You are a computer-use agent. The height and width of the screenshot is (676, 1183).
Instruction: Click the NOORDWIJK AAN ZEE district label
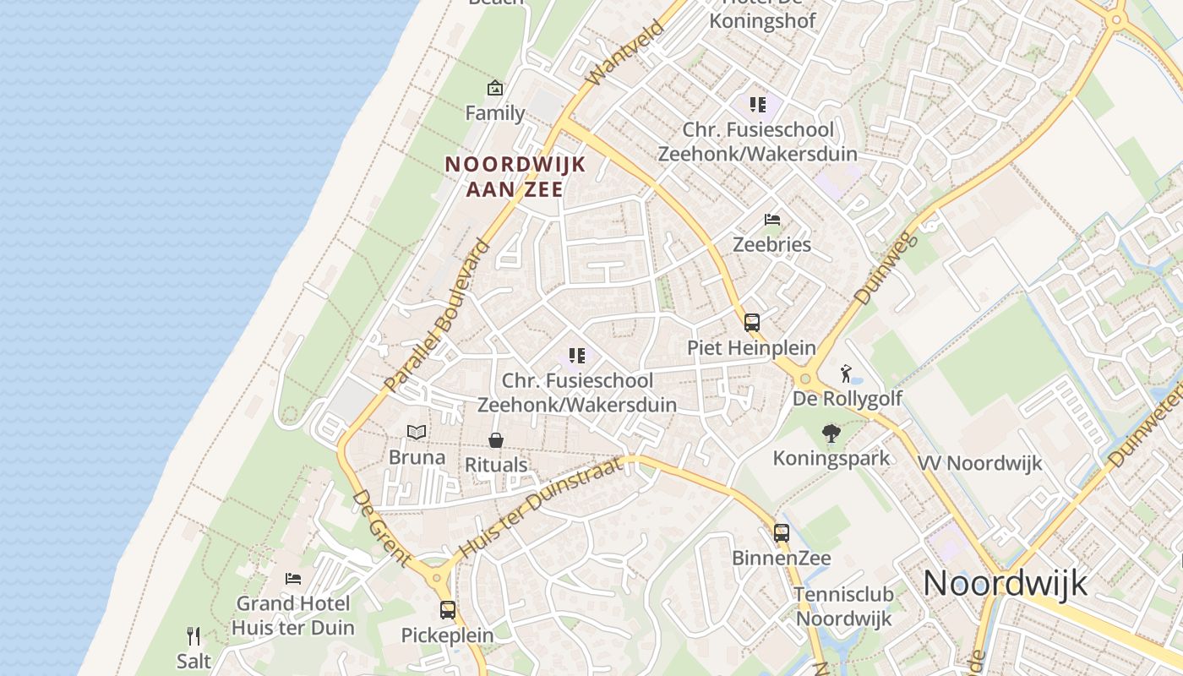pos(515,176)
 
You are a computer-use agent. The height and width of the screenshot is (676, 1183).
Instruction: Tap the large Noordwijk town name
pos(1005,583)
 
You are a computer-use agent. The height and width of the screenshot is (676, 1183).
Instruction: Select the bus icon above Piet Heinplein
pos(752,322)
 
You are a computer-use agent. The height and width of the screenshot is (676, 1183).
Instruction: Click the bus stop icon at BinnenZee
pos(782,533)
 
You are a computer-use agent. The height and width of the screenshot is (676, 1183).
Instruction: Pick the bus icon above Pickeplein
pos(448,609)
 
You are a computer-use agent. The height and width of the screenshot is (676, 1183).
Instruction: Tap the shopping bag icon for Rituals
pos(496,440)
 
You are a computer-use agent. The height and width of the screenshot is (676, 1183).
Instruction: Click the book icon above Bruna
pos(417,433)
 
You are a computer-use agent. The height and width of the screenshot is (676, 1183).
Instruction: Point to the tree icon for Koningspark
pos(831,433)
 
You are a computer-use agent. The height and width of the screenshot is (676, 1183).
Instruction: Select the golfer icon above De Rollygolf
pos(846,373)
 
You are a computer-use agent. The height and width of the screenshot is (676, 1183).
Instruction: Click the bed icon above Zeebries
pos(771,220)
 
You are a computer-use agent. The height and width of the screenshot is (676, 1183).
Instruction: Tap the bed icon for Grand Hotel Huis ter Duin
pos(292,579)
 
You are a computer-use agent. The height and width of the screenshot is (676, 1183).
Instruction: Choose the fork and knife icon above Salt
pos(194,635)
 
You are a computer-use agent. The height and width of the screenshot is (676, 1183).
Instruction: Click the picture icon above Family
pos(494,88)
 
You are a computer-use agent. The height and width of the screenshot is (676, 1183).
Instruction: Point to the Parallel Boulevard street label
pos(436,317)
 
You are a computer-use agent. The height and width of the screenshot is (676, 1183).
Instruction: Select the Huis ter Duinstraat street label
pos(541,509)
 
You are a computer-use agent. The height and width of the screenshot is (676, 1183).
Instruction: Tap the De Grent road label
pos(381,528)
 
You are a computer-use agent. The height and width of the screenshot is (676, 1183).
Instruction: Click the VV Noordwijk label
pos(980,463)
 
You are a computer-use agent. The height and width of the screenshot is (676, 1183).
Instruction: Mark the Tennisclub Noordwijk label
pos(844,606)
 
